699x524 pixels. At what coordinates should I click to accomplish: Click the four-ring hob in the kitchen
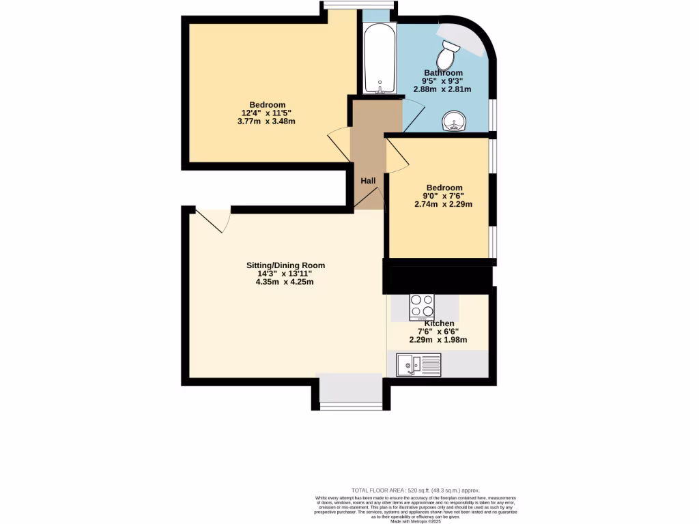point(422,306)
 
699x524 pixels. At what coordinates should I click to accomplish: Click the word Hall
point(369,181)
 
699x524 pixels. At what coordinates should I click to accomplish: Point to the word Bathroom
point(443,73)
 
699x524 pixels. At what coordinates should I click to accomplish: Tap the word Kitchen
point(440,323)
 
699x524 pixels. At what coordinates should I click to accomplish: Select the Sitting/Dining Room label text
point(285,265)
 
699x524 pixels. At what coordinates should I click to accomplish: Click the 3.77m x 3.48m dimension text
point(268,121)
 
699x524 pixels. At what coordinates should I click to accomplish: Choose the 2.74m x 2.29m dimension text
point(444,204)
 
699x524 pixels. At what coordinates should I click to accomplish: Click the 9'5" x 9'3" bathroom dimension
point(443,81)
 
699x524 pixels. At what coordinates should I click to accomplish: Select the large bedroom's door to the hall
point(339,144)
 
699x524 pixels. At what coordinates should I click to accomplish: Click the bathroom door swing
point(413,113)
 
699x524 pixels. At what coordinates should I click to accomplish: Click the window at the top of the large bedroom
point(359,5)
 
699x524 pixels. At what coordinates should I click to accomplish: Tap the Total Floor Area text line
point(416,491)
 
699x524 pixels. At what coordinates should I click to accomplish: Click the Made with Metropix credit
point(416,522)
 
